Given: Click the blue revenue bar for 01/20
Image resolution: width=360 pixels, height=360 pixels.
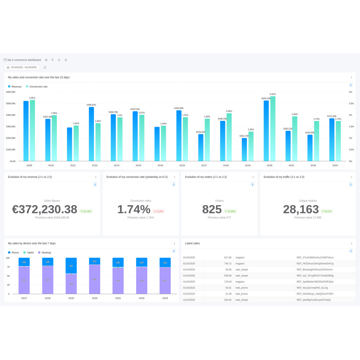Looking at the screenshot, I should coord(266,131).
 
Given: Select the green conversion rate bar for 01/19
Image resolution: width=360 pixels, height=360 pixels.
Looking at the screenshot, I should coord(251,147).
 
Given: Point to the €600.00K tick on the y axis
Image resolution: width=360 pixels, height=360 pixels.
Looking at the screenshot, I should coord(10,92).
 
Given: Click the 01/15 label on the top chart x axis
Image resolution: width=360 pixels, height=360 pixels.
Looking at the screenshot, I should coord(160,165).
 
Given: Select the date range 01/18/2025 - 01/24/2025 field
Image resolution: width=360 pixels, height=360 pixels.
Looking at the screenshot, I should coord(22,67).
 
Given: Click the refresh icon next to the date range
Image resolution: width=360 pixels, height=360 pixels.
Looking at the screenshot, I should coord(45,67).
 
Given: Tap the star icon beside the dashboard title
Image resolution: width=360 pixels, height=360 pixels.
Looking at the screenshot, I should coord(59,60).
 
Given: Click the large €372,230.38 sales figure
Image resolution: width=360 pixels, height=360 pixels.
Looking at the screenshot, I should coord(45,209).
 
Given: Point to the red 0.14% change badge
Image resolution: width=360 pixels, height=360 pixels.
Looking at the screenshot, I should coord(158,211).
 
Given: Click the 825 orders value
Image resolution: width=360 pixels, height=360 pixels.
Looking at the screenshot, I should coord(212,209).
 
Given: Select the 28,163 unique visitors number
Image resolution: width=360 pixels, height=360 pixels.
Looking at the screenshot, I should coord(301,209).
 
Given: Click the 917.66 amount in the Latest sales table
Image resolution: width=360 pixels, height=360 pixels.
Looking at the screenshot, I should coord(228,257).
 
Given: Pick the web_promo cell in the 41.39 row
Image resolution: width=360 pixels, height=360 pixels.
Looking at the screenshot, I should coord(242,294).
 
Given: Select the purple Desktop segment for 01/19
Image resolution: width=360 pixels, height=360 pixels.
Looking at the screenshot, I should coord(71,284).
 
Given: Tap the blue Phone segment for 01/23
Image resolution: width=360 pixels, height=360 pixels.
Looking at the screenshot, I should coord(165,262).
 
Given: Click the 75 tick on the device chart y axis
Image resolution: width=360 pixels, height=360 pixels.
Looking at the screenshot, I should coord(8,267).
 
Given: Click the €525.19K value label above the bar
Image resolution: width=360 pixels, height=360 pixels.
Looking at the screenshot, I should coord(266,98).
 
